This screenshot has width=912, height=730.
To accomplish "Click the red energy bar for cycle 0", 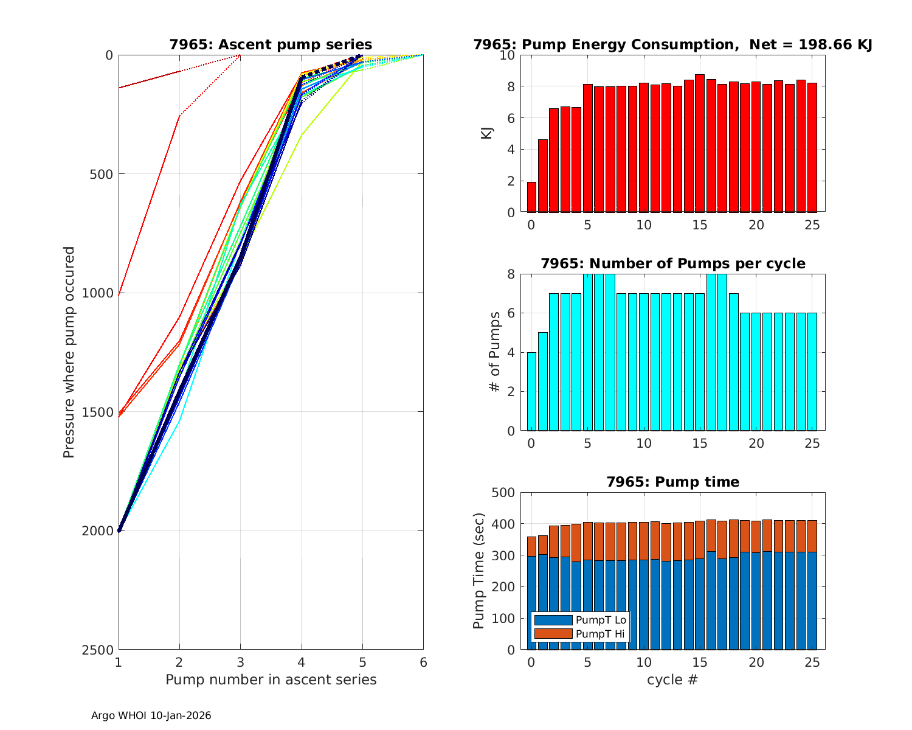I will [x=531, y=197].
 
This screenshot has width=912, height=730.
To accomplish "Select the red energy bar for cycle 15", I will [x=700, y=144].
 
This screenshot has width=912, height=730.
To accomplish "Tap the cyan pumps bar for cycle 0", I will [x=531, y=391].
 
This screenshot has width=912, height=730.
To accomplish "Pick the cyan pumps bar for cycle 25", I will [x=812, y=372].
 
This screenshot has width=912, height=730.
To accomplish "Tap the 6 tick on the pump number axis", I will [x=423, y=662].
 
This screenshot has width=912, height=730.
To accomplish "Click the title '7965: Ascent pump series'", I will [x=271, y=44].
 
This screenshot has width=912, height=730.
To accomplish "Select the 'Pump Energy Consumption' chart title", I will [x=672, y=44].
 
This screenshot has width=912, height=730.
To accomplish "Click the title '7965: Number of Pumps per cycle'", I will [x=672, y=263].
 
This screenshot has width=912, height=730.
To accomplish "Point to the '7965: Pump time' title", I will [x=672, y=482].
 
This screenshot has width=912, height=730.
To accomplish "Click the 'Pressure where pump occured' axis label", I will [x=69, y=352].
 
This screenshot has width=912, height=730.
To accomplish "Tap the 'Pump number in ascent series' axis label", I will [x=271, y=680].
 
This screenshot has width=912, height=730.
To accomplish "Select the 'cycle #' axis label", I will [x=672, y=680].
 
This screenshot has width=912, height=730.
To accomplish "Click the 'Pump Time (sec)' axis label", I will [x=479, y=571].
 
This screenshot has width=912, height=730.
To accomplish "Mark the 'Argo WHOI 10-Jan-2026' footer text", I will [x=151, y=716].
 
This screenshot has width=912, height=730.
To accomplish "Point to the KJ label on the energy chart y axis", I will [x=487, y=133].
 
